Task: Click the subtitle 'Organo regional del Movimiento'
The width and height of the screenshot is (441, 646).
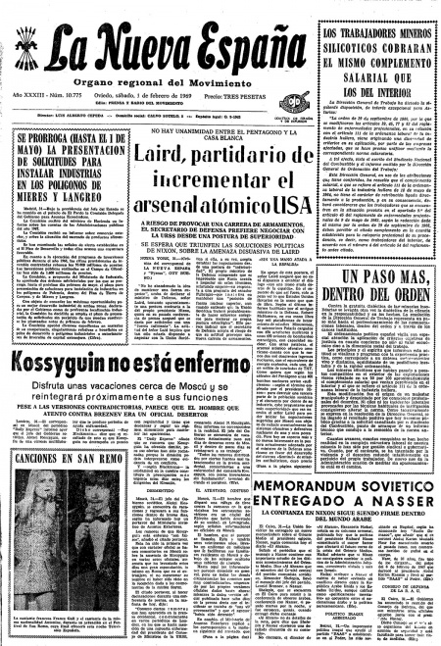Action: click(146, 80)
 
